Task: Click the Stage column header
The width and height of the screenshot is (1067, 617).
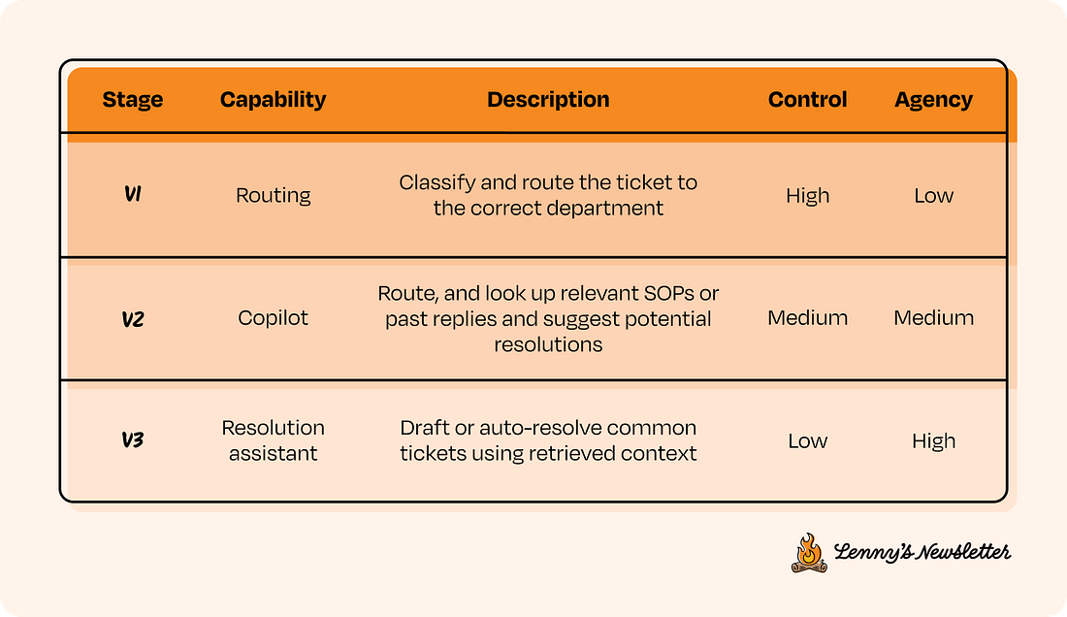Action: (132, 100)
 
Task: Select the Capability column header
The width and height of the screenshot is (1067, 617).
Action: (273, 100)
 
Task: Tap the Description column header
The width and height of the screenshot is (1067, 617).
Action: (548, 100)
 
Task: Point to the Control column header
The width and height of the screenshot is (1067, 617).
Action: (807, 100)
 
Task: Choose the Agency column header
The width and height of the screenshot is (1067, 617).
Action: (933, 100)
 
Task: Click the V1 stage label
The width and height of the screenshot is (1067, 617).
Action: (133, 195)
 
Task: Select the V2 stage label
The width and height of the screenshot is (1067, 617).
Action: (133, 318)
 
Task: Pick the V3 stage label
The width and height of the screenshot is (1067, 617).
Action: (133, 440)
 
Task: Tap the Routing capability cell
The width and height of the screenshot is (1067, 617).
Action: (273, 195)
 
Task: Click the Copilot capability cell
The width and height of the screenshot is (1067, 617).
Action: (273, 318)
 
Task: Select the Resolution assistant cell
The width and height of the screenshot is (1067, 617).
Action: (273, 440)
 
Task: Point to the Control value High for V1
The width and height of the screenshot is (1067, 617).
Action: (807, 195)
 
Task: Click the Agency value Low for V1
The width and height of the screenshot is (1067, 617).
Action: (933, 195)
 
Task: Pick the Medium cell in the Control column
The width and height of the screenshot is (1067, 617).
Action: (807, 318)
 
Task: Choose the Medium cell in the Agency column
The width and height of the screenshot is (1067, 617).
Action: (933, 318)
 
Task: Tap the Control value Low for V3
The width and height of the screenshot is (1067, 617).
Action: (807, 440)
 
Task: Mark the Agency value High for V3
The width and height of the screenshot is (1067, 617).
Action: (933, 440)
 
